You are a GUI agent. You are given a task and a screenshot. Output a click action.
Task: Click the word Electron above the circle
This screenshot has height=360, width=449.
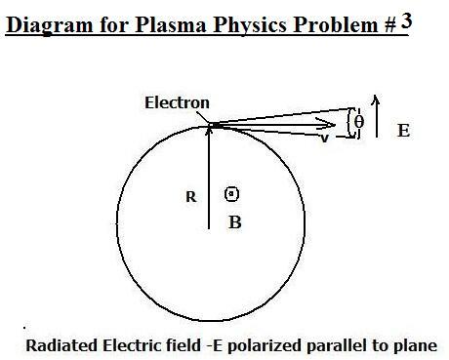(x=177, y=101)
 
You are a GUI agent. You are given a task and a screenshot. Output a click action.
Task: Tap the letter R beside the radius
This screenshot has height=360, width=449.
(x=191, y=195)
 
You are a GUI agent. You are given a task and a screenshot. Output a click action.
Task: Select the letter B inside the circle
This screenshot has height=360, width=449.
(x=234, y=222)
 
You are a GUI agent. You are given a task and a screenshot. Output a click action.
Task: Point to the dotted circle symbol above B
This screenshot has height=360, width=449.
(x=232, y=193)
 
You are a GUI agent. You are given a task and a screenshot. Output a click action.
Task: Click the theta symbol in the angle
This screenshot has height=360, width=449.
(x=358, y=122)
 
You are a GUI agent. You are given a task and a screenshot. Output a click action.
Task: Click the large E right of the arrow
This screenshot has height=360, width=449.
(x=403, y=129)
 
